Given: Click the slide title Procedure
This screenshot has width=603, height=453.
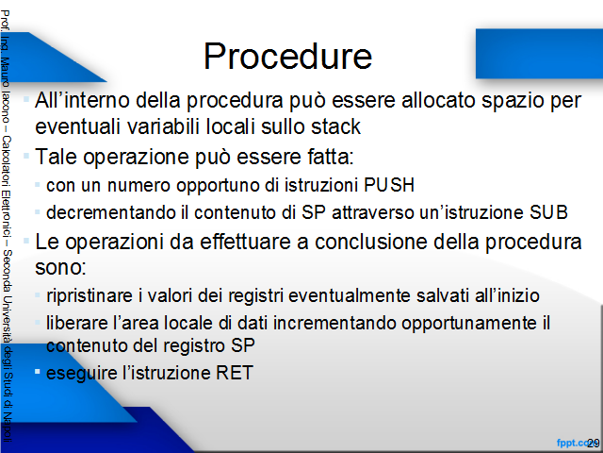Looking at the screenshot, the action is click(287, 57).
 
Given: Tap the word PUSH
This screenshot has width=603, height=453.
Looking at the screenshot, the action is click(389, 185).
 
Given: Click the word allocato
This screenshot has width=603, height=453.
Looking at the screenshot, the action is click(438, 100).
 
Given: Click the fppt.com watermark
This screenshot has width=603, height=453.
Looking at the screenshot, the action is click(575, 444).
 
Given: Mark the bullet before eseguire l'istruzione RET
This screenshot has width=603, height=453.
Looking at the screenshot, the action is click(38, 372).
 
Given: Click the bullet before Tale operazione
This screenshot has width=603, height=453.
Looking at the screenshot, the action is click(26, 156).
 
